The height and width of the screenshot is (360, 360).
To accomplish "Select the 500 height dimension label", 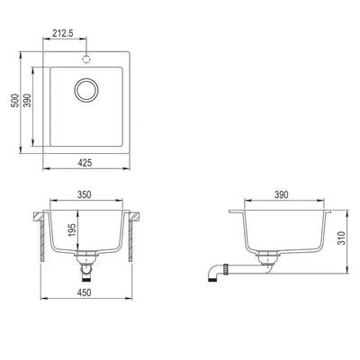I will pyautogui.click(x=14, y=103).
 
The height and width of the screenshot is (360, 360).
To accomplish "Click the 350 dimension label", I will pyautogui.click(x=85, y=193).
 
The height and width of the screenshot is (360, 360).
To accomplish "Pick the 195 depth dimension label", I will pyautogui.click(x=74, y=234).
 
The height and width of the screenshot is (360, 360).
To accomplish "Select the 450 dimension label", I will pyautogui.click(x=85, y=291).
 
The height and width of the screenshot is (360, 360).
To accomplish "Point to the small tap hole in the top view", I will pyautogui.click(x=87, y=57).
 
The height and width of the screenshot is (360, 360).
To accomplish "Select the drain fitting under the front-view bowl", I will pyautogui.click(x=85, y=265).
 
